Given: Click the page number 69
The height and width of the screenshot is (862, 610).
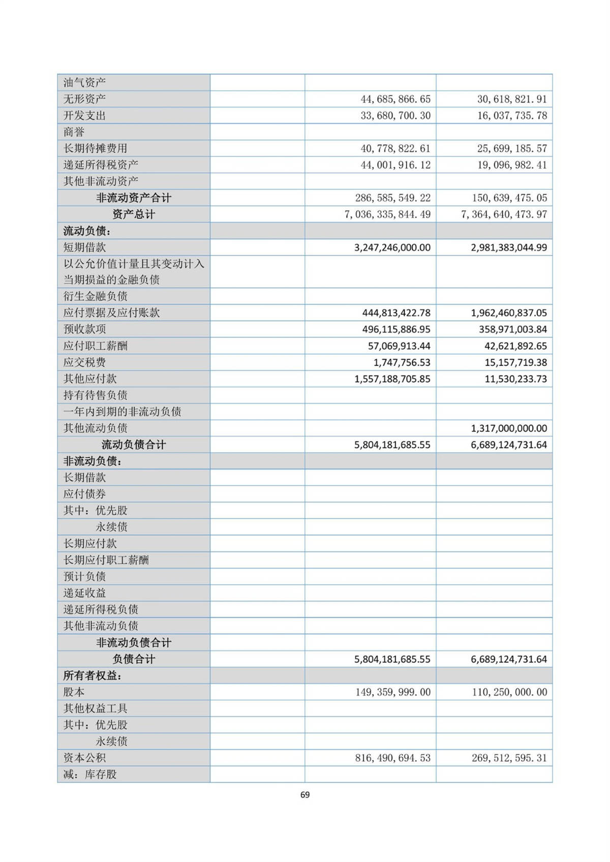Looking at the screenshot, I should click(305, 795).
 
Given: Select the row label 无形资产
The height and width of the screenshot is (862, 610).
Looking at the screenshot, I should click(84, 99).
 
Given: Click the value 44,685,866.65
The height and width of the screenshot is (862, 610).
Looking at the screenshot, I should click(395, 99).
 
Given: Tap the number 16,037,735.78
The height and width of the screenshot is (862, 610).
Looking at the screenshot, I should click(512, 116).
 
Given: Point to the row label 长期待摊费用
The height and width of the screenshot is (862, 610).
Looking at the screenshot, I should click(95, 148).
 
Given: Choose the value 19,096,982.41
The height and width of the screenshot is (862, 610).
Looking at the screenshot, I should click(512, 165).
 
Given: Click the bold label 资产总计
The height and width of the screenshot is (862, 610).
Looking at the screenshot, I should click(134, 214).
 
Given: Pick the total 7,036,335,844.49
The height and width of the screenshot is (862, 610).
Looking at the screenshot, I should click(387, 214).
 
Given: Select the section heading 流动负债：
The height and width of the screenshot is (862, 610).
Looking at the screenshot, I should click(87, 231).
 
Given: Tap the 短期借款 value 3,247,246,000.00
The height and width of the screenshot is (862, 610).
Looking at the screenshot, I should click(392, 248).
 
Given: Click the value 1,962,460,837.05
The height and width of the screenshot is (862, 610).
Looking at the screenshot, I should click(509, 313).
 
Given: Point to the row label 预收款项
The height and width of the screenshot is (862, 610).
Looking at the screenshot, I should click(84, 329).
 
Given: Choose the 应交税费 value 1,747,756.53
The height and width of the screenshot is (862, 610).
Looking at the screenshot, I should click(402, 363).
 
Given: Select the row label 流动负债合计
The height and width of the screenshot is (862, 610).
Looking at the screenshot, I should click(134, 445).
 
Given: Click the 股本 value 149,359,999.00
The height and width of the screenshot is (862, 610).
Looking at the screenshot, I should click(392, 692).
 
